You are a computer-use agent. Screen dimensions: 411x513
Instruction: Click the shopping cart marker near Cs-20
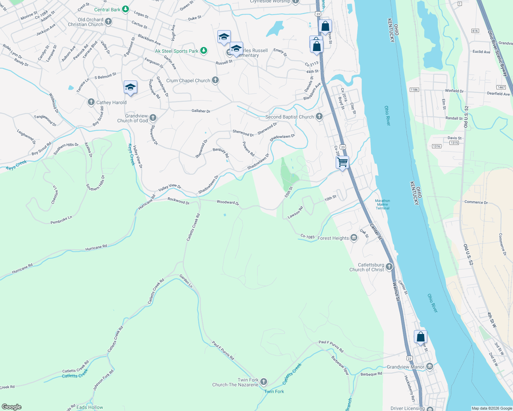pyautogui.click(x=342, y=162)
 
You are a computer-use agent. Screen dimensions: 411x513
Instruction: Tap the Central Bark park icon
pyautogui.click(x=126, y=9)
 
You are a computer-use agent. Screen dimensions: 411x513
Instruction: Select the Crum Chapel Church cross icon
pyautogui.click(x=215, y=80)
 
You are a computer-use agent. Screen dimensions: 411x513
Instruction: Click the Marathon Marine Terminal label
pyautogui.click(x=382, y=204)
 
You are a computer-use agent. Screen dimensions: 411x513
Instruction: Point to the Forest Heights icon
pyautogui.click(x=354, y=238)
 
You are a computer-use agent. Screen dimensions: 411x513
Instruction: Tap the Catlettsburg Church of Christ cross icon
pyautogui.click(x=389, y=266)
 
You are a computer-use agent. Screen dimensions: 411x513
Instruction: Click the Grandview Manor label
pyautogui.click(x=405, y=367)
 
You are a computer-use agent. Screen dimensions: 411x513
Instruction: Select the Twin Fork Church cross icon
pyautogui.click(x=264, y=382)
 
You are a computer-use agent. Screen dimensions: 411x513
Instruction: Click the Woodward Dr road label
pyautogui.click(x=228, y=202)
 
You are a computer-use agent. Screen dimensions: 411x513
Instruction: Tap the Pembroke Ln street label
pyautogui.click(x=61, y=220)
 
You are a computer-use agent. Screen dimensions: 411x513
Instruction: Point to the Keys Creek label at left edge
pyautogui.click(x=16, y=165)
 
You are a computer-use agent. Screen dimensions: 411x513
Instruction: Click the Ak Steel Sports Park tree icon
pyautogui.click(x=204, y=51)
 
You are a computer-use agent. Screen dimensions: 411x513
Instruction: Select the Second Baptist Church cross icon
pyautogui.click(x=319, y=116)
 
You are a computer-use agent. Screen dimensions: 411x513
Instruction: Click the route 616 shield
pyautogui.click(x=475, y=31)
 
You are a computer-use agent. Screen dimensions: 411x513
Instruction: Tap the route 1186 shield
pyautogui.click(x=414, y=90)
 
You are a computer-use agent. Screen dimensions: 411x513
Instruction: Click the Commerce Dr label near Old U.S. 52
pyautogui.click(x=476, y=202)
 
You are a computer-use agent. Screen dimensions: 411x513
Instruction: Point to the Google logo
pyautogui.click(x=12, y=407)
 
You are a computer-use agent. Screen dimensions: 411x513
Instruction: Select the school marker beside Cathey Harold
pyautogui.click(x=130, y=87)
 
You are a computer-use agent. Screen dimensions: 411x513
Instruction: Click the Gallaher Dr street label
pyautogui.click(x=201, y=111)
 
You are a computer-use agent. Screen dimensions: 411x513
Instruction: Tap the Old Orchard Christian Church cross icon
pyautogui.click(x=108, y=22)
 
